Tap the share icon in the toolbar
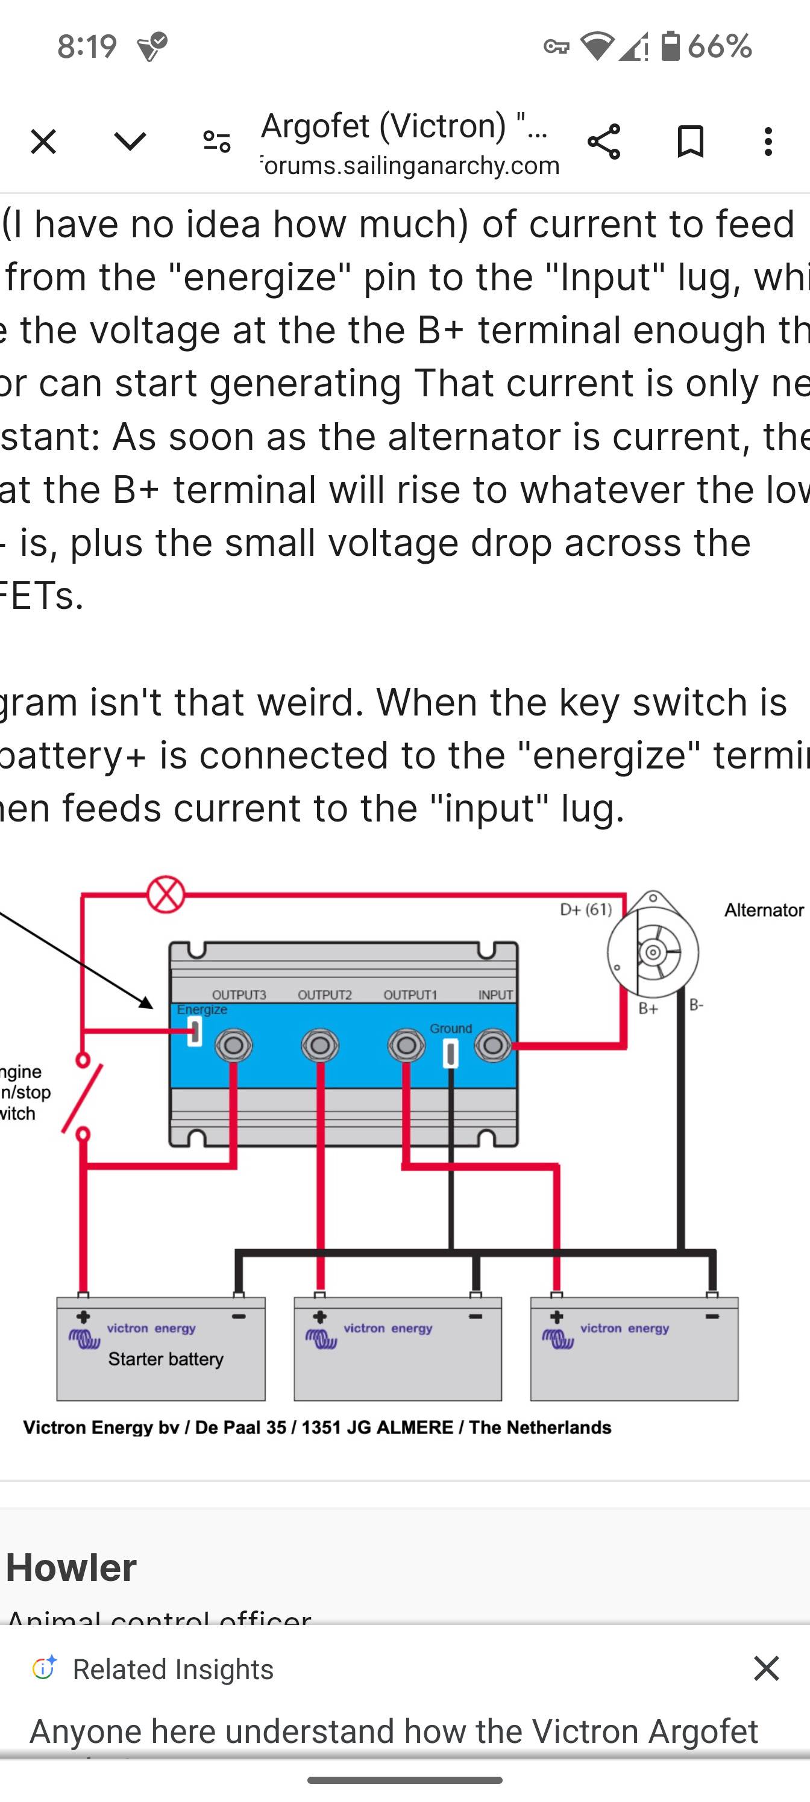(x=603, y=142)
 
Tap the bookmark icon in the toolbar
(x=690, y=142)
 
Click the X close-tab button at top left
(x=43, y=142)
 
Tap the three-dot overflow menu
(x=768, y=142)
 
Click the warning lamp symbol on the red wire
(x=166, y=894)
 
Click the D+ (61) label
(x=585, y=909)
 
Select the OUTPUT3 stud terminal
(x=233, y=1046)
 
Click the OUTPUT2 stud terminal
(x=320, y=1046)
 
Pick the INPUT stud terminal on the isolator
(x=493, y=1046)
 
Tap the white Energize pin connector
(x=195, y=1031)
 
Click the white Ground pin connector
(x=451, y=1053)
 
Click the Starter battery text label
(x=166, y=1359)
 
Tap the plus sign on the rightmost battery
(x=556, y=1317)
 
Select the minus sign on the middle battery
(x=476, y=1317)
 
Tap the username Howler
(x=71, y=1567)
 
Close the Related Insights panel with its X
(x=766, y=1668)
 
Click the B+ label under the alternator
(x=648, y=1009)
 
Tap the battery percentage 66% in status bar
(x=719, y=46)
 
